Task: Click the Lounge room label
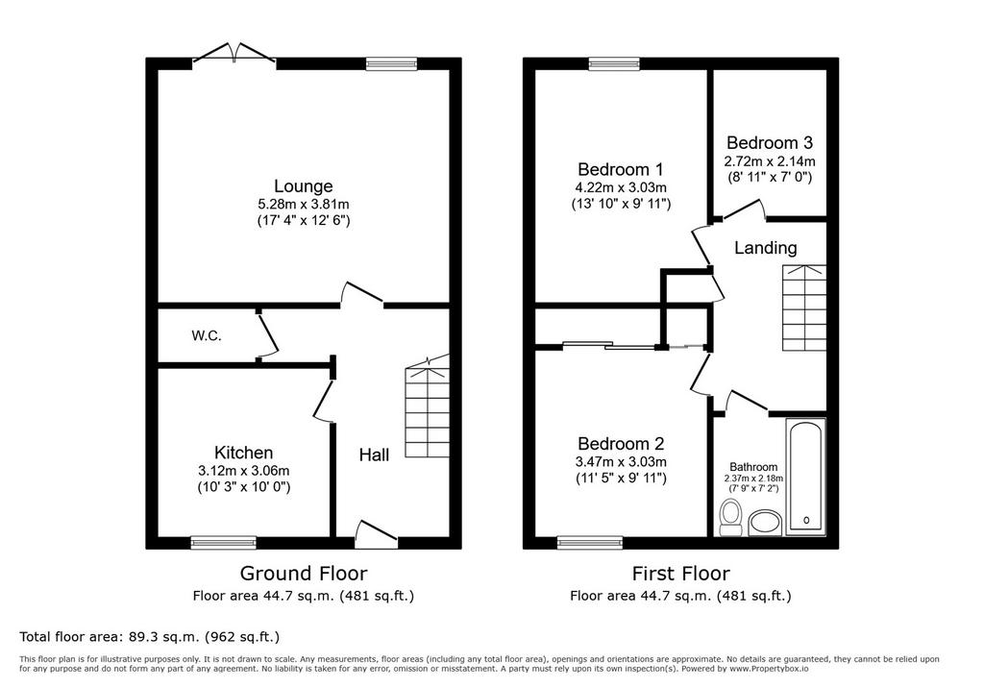coord(303,185)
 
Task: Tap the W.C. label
coord(207,336)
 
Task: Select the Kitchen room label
coord(243,453)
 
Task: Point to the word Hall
coord(374,455)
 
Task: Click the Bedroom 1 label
coord(620,169)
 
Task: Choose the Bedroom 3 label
coord(770,142)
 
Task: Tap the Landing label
coord(766,248)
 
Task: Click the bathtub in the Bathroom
coord(806,477)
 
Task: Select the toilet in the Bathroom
coord(730,517)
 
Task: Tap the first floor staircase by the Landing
coord(804,307)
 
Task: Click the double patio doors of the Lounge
coord(234,54)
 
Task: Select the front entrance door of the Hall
coord(376,533)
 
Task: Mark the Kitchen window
coord(223,542)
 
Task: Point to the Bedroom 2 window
coord(590,542)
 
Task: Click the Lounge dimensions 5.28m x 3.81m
coord(303,204)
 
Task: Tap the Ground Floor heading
coord(303,573)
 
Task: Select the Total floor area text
coord(149,636)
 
